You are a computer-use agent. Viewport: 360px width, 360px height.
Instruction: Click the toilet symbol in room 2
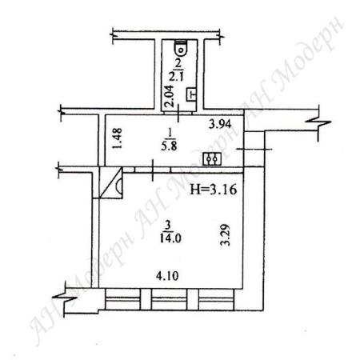pyautogui.click(x=182, y=48)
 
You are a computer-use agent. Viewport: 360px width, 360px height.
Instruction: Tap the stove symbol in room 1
pyautogui.click(x=212, y=159)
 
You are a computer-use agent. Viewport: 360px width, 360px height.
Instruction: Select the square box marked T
pyautogui.click(x=191, y=94)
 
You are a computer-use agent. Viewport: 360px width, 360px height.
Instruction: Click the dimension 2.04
pyautogui.click(x=170, y=96)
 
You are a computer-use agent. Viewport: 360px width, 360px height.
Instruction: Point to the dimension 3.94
pyautogui.click(x=220, y=124)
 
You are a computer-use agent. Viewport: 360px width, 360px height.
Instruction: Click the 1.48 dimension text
pyautogui.click(x=118, y=138)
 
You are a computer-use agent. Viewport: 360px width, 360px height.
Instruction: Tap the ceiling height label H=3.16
pyautogui.click(x=213, y=190)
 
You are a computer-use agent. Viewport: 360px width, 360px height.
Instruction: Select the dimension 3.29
pyautogui.click(x=226, y=235)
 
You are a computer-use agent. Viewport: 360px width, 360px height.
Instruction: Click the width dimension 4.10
pyautogui.click(x=167, y=276)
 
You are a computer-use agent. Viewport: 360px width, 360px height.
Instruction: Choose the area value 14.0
pyautogui.click(x=170, y=238)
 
